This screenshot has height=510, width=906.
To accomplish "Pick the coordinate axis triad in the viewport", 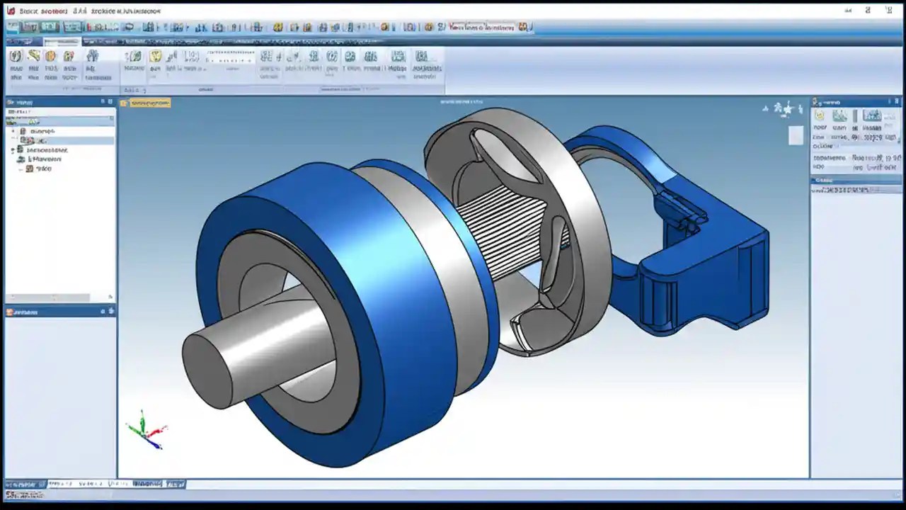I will click(x=145, y=429).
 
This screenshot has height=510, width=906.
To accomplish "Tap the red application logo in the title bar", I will click(x=11, y=11).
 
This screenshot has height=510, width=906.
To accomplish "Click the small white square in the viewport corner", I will click(x=796, y=135).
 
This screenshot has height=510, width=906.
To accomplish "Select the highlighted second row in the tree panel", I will click(x=60, y=140).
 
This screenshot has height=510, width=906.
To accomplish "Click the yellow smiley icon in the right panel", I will click(x=820, y=115).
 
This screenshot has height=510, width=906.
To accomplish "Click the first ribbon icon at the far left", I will click(x=15, y=57).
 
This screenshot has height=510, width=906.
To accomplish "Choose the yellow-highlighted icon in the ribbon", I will click(x=155, y=57).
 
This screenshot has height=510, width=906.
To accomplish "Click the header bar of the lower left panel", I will click(x=60, y=312).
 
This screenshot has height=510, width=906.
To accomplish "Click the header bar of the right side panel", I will click(x=857, y=102).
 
